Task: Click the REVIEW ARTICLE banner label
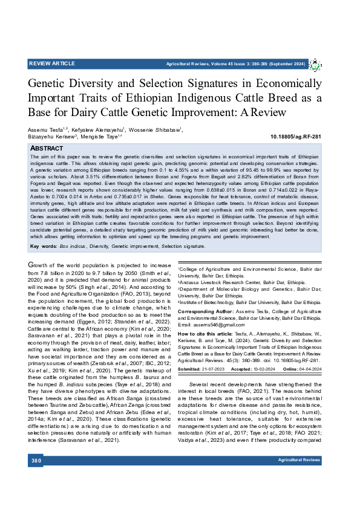(x=52, y=63)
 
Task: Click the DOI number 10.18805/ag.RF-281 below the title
(x=296, y=137)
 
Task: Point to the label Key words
(x=42, y=246)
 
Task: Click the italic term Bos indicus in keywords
(x=72, y=246)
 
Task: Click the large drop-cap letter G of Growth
(x=33, y=266)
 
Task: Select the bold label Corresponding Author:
(x=205, y=310)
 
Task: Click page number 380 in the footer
(x=36, y=478)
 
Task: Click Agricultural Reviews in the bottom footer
(x=299, y=478)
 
